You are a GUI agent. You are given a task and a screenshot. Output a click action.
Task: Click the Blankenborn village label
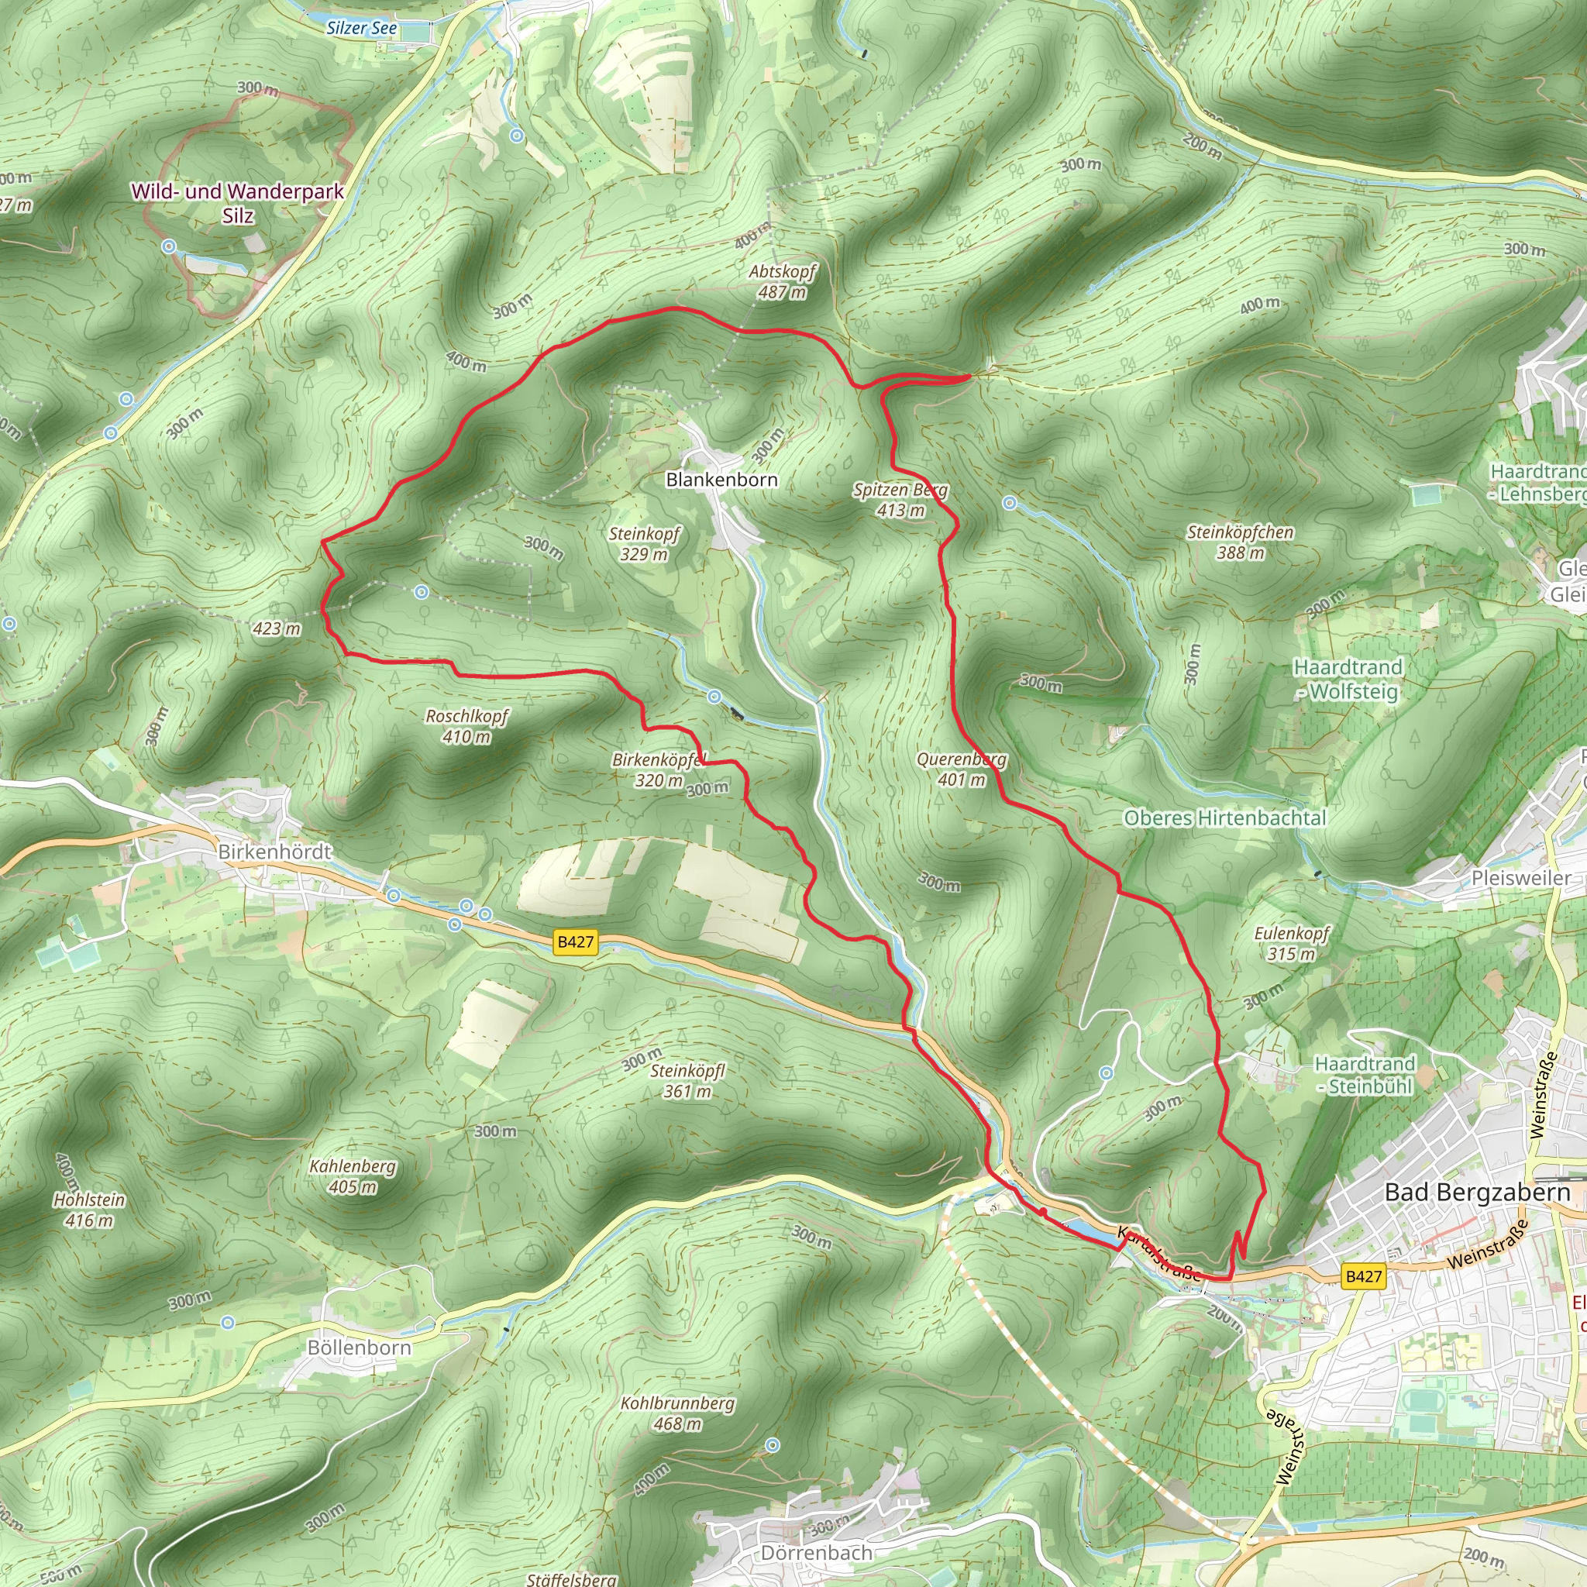pos(721,480)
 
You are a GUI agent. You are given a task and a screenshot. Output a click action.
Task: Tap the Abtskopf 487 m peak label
pos(781,282)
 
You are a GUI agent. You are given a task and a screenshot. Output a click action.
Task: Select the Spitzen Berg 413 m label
pos(900,501)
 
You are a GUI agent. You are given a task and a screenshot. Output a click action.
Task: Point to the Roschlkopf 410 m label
pos(466,726)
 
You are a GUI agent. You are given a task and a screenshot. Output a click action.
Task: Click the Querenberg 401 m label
pos(961,769)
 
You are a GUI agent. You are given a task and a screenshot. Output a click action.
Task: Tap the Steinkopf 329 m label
pos(644,544)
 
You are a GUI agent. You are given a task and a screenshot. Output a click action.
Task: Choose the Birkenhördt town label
pos(274,852)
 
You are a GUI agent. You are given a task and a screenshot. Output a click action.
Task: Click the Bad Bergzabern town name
pos(1477,1192)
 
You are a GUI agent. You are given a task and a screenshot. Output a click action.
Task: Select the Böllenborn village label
pos(359,1348)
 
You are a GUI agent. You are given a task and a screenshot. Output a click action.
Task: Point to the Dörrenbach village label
pos(817,1530)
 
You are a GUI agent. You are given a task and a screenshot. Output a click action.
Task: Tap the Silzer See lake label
pos(361,28)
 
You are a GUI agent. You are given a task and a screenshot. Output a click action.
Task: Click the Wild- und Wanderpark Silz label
pos(237,203)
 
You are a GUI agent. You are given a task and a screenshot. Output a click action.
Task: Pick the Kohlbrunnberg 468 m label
pos(678,1413)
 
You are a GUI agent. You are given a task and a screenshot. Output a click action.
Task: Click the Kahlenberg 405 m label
pos(353,1176)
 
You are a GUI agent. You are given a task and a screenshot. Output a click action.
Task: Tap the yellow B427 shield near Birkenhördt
pos(575,942)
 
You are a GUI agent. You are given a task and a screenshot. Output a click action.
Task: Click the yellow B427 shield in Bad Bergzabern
pos(1364,1275)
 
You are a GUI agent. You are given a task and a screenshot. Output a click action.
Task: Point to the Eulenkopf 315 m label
pos(1291,943)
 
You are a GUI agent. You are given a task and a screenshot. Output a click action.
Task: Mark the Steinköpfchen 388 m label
pos(1241,542)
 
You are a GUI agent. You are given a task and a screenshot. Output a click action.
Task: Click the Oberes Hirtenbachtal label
pos(1225,818)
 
